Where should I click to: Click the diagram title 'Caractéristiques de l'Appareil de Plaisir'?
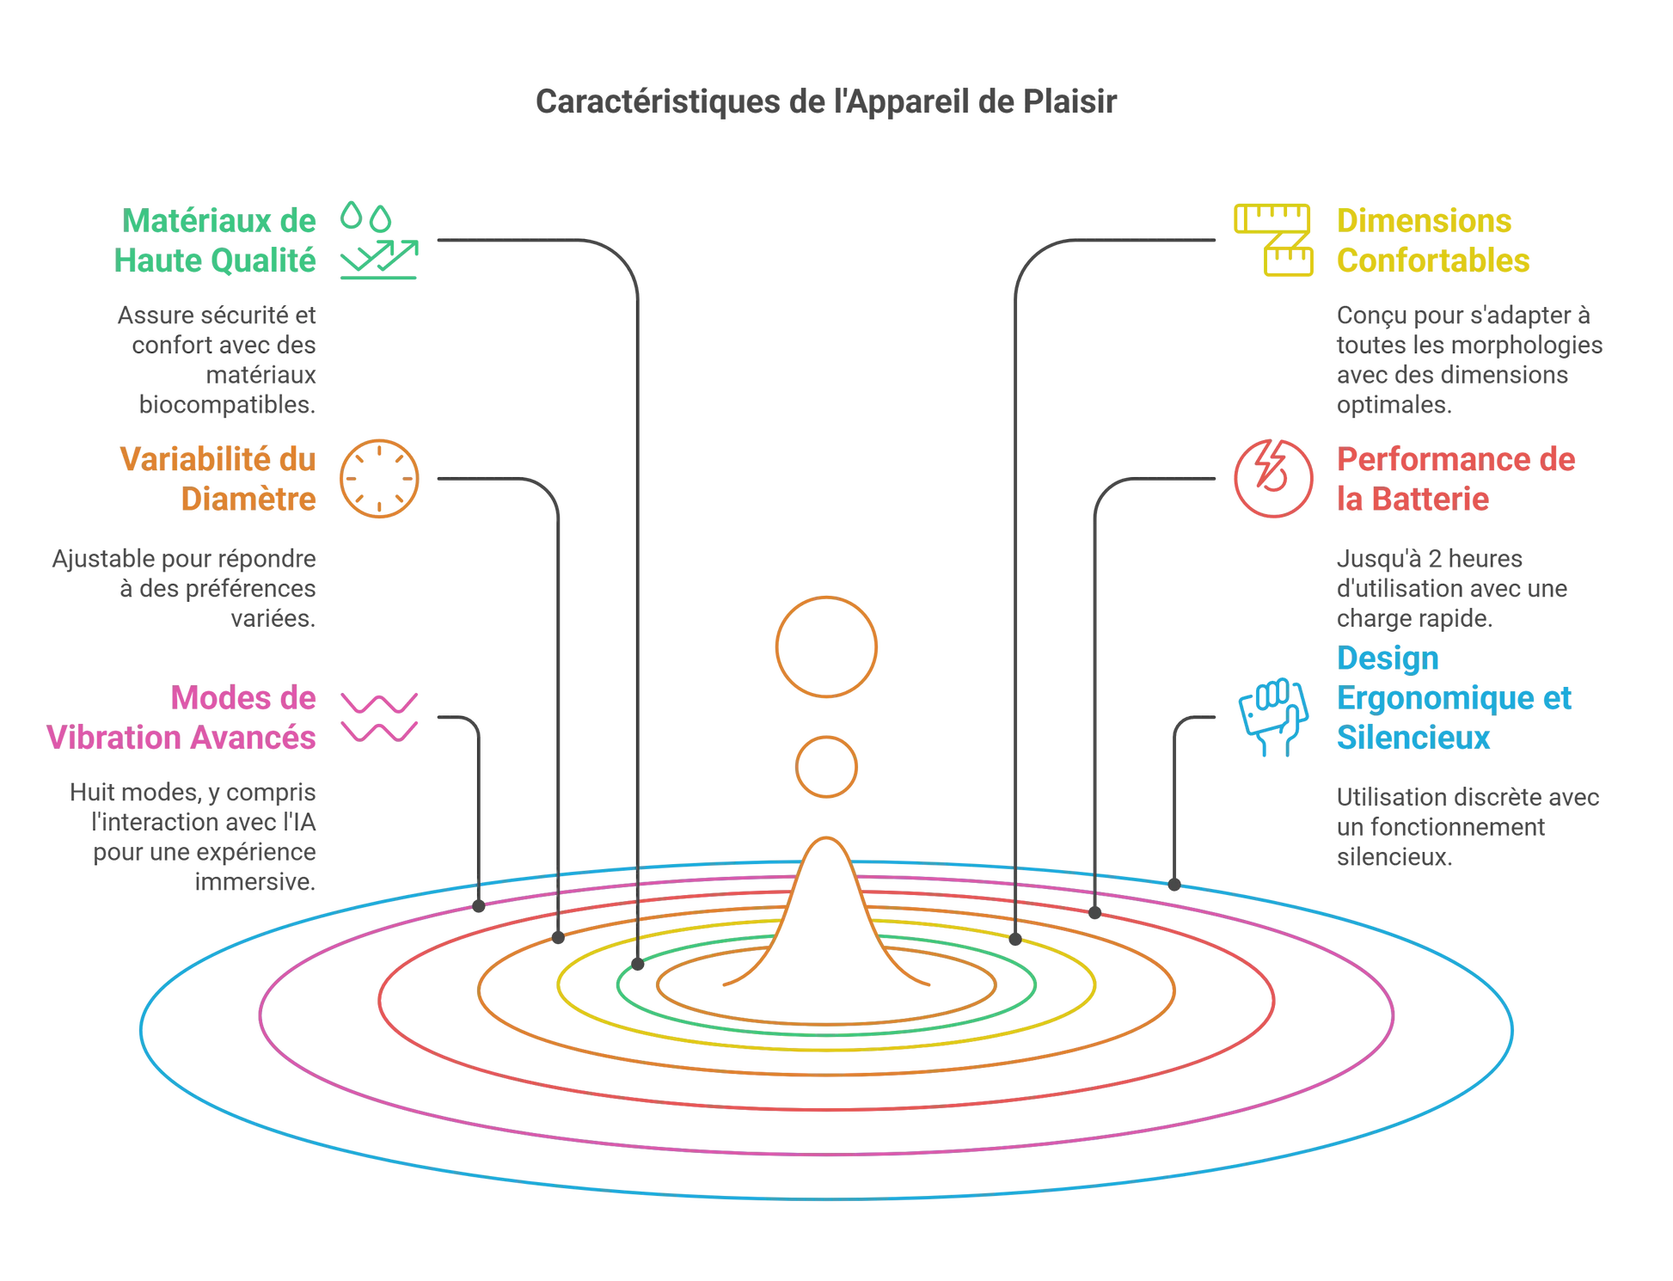coord(826,102)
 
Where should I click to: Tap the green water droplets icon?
coord(365,216)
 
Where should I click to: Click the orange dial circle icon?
coord(379,479)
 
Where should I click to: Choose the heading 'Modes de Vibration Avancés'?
coord(181,718)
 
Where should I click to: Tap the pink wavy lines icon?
coord(379,717)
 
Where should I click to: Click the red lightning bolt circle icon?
coord(1273,479)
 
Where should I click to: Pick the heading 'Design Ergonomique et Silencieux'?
coord(1454,697)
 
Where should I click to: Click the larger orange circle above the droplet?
coord(826,647)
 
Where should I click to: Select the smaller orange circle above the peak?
coord(826,767)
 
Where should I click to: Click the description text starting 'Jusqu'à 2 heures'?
coord(1451,589)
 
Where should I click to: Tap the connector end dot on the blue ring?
coord(1174,883)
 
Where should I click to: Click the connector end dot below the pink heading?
coord(479,906)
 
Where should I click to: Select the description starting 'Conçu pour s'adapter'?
coord(1469,359)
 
